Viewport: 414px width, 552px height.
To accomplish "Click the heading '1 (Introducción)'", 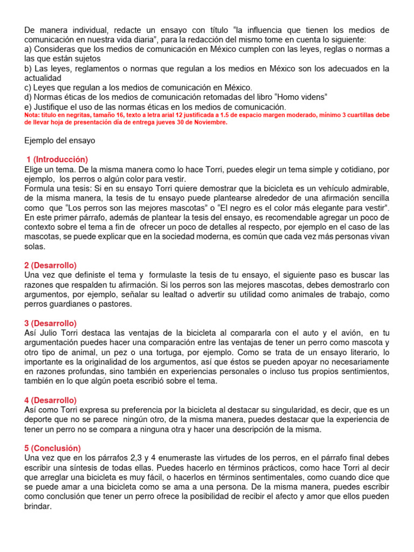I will (x=57, y=160).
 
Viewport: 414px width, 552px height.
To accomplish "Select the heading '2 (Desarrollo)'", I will (x=51, y=265).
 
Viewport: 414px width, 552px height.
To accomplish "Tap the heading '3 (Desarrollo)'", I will (x=51, y=323).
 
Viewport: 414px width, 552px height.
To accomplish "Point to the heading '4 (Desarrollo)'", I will (x=51, y=400).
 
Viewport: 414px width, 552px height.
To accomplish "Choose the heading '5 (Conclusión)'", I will (x=52, y=448).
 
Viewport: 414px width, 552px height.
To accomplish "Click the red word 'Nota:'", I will (x=32, y=115).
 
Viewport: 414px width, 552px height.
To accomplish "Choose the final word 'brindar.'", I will (x=38, y=506).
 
